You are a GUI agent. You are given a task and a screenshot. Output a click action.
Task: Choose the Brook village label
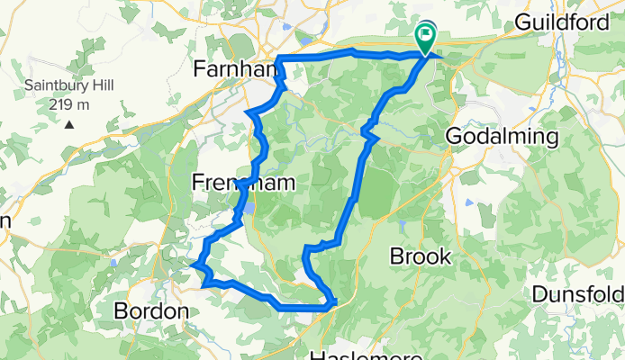420,256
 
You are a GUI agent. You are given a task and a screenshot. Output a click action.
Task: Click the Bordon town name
151,310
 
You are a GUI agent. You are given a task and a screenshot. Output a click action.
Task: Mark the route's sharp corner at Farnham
277,59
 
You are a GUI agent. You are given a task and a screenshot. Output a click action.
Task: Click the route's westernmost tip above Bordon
193,264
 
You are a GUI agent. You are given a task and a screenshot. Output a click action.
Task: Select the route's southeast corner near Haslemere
333,302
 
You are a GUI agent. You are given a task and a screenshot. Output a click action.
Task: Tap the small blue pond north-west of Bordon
115,262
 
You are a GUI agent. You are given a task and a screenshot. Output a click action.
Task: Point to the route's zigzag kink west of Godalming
367,132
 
